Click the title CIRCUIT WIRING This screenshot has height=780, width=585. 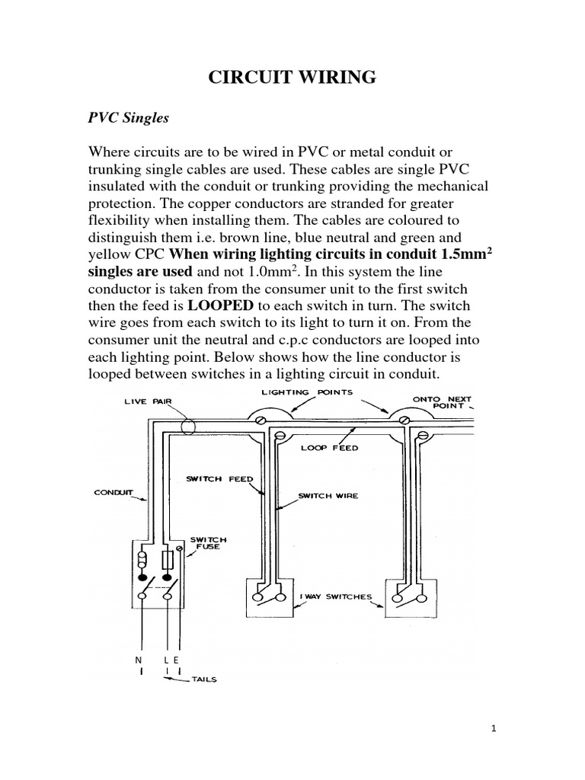[292, 76]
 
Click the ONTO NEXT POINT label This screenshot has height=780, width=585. [443, 402]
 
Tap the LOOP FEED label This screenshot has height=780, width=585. [329, 449]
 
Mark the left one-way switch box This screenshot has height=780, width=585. [269, 598]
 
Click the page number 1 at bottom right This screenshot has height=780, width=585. [494, 728]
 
